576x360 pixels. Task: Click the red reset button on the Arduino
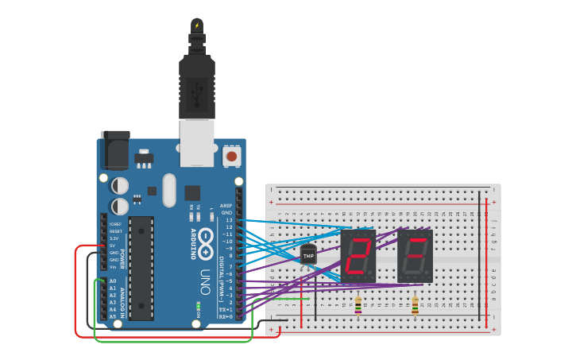(231, 157)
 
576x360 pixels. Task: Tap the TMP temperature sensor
(308, 255)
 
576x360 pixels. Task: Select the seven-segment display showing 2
(358, 257)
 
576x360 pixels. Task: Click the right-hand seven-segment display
(415, 257)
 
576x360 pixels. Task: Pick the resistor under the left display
(358, 305)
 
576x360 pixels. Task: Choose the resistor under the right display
(415, 305)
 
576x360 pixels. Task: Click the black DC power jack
(114, 150)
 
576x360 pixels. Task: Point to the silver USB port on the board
(196, 142)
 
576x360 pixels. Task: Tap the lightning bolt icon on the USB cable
(196, 25)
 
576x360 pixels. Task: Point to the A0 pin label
(112, 281)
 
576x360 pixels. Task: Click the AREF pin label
(226, 205)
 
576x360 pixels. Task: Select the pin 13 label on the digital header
(228, 220)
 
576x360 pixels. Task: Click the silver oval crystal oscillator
(168, 190)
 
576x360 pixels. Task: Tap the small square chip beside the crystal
(192, 192)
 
